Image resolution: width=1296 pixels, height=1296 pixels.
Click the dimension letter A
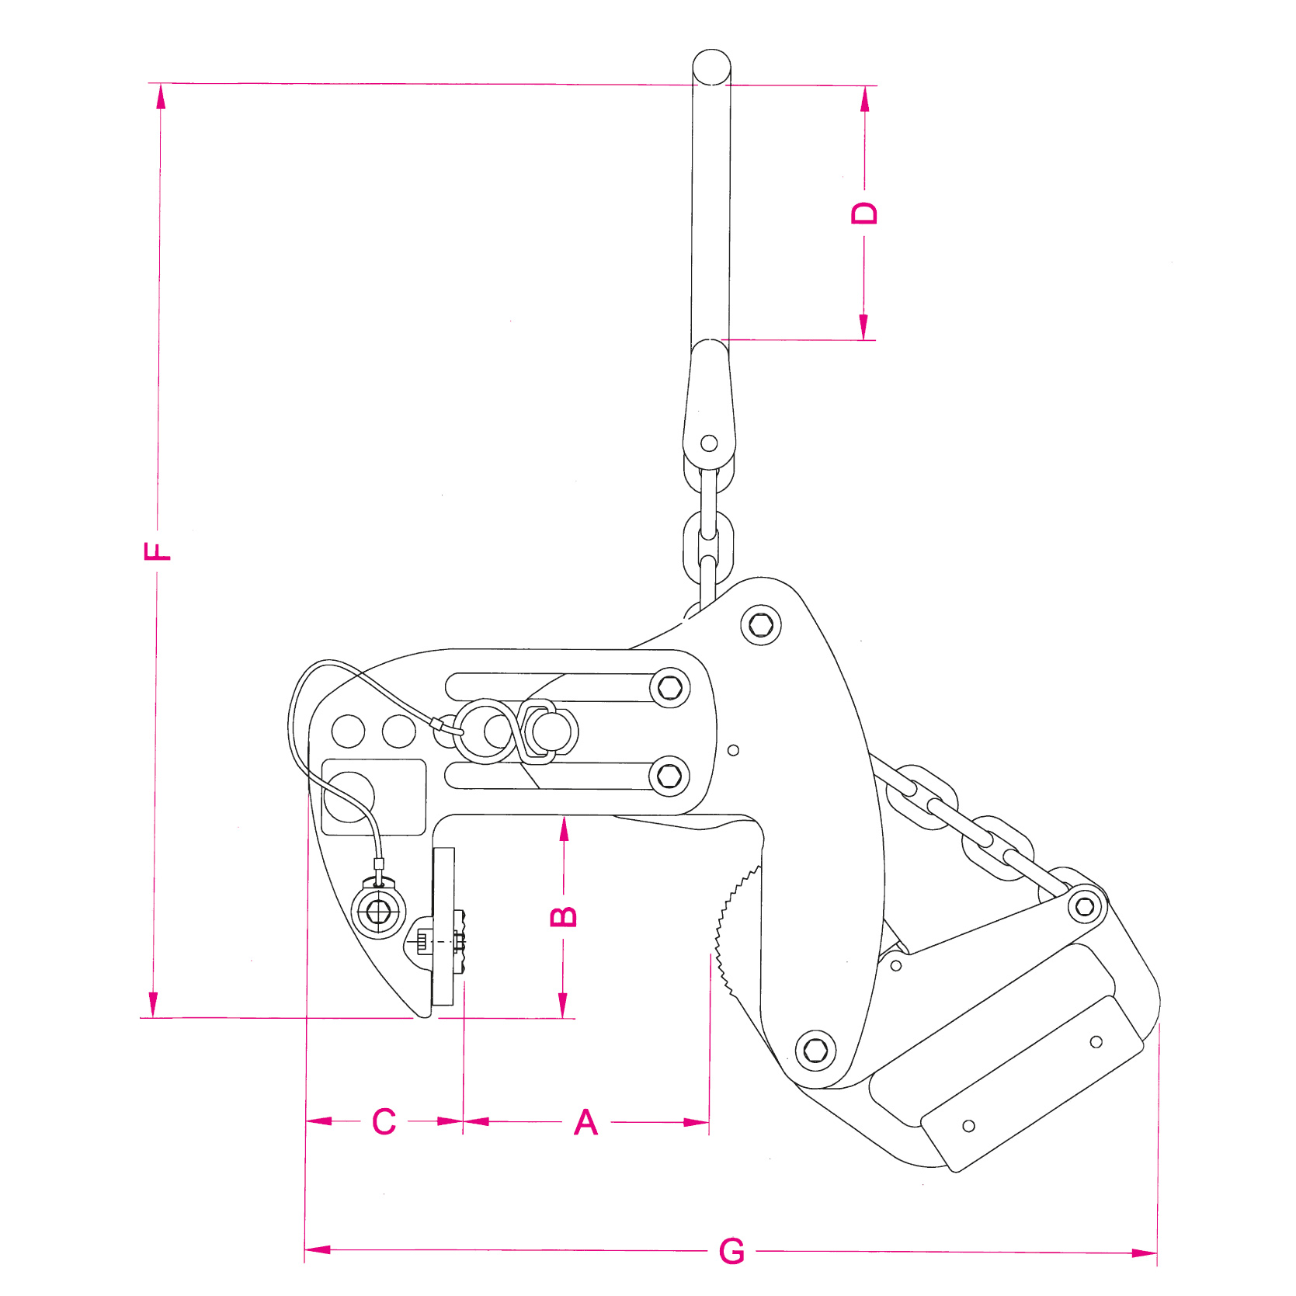click(x=586, y=1122)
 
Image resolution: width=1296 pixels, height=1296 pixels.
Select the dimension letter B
click(x=564, y=916)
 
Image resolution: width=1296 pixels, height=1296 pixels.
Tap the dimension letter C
click(x=384, y=1122)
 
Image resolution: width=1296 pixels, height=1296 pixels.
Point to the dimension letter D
click(x=864, y=213)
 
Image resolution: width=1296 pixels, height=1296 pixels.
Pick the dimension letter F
click(x=158, y=551)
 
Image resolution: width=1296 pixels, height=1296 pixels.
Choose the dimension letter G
click(x=731, y=1251)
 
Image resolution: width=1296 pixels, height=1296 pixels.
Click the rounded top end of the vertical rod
click(x=711, y=65)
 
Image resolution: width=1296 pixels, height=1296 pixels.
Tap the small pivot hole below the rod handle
click(x=709, y=443)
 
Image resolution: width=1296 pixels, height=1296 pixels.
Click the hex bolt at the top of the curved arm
click(x=761, y=625)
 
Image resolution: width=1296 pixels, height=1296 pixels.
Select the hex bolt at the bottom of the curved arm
click(x=816, y=1050)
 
